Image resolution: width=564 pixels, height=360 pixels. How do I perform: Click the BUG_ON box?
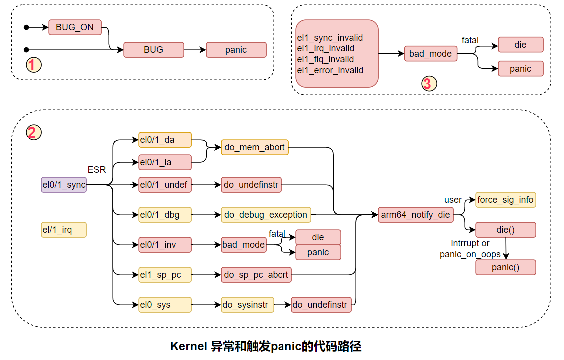coord(75,27)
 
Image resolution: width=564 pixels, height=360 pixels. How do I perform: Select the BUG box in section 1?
coord(153,50)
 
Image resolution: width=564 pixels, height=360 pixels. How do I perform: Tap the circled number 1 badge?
coord(33,65)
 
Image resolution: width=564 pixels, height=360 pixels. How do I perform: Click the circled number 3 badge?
coord(427,84)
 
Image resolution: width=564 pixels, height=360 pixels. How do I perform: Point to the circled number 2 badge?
coord(33,132)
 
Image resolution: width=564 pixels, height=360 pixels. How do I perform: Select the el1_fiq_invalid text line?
coord(325,59)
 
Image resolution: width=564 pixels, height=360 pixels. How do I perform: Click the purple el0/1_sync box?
coord(64,185)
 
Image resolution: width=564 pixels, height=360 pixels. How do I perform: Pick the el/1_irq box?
coord(64,230)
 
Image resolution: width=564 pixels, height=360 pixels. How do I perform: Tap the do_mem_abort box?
coord(255,147)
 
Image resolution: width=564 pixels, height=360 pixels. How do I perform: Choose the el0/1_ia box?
coord(165,162)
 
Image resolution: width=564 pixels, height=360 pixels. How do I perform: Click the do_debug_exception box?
coord(266,215)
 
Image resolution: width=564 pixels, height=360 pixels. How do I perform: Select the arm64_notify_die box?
coord(415,215)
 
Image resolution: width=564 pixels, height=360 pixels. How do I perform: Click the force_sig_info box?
coord(505,200)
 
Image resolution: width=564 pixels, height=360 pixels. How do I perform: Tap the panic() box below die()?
coord(505,267)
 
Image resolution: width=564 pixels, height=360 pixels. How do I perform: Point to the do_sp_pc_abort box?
coord(256,275)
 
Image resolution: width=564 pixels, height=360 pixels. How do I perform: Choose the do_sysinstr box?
coord(247,305)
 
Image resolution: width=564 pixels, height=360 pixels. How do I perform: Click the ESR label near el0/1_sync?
coord(97,170)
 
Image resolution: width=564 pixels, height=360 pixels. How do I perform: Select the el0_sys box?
coord(165,305)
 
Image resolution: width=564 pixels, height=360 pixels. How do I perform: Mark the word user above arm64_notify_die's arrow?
coord(453,200)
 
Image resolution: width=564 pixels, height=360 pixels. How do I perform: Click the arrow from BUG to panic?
coord(195,50)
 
